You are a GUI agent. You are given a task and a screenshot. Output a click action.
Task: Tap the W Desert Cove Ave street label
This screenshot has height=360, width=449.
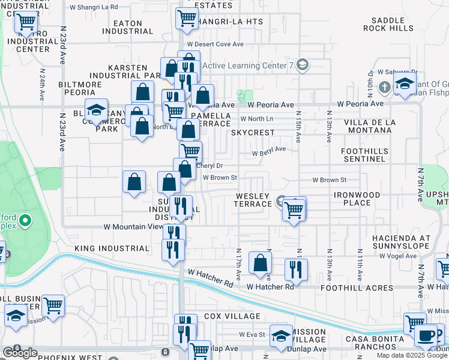point(215,44)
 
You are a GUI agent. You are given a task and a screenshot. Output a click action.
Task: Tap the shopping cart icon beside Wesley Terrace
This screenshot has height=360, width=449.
point(294,210)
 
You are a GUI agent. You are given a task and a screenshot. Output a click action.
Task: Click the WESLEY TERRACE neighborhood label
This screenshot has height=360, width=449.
point(253,200)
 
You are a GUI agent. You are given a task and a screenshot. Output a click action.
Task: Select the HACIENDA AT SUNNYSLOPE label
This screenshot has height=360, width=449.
point(401,242)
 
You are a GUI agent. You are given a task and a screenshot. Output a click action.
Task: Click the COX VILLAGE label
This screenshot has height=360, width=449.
point(232,316)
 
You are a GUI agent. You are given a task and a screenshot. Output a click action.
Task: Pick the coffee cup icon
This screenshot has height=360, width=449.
point(427,335)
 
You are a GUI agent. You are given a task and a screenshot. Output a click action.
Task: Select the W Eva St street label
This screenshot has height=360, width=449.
point(252,334)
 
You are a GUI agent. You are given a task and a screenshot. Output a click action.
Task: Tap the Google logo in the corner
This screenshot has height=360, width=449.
point(20,353)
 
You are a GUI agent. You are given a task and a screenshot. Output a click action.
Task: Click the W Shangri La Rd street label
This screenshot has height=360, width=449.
point(94,7)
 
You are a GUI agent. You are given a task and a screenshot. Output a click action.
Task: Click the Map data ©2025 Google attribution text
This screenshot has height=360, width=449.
point(411,355)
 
